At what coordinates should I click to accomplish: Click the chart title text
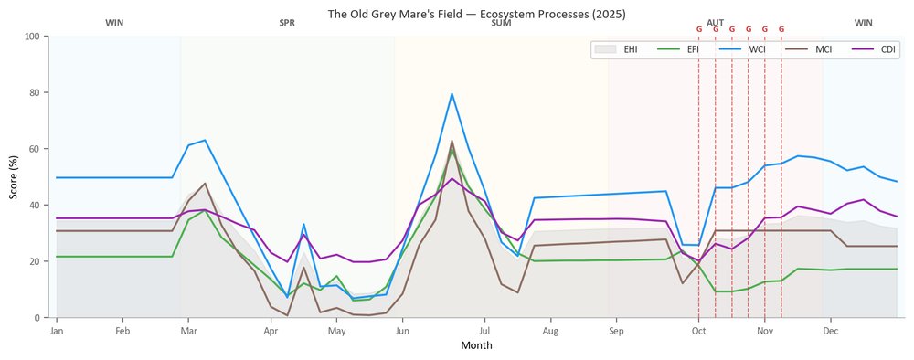point(476,14)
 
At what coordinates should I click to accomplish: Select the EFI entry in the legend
point(679,49)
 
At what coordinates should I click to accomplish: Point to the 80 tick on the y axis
point(35,92)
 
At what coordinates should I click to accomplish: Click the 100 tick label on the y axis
point(32,37)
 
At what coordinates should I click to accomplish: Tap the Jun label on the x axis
point(401,332)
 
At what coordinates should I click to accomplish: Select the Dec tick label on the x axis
point(831,332)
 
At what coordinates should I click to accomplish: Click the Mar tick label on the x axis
point(188,332)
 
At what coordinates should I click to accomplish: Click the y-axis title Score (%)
point(13,176)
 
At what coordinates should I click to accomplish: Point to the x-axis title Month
point(476,345)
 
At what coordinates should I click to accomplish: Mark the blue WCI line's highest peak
point(452,93)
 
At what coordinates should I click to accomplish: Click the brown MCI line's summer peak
point(452,141)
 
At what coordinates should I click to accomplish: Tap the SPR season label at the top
point(287,24)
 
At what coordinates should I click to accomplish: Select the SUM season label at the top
point(501,24)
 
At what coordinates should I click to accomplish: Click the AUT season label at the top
point(716,23)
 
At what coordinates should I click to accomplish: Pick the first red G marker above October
point(699,29)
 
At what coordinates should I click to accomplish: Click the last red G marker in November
point(781,29)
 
